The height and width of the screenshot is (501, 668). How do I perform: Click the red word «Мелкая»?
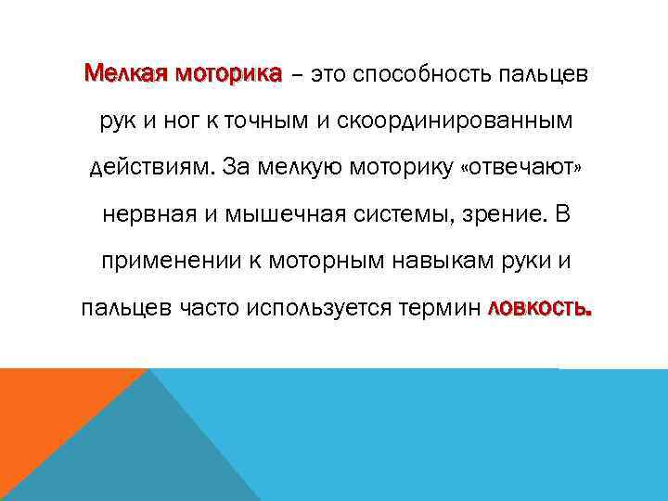click(120, 73)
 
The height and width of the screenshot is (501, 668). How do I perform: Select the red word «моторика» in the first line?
click(221, 73)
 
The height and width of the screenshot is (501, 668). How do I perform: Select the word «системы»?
click(401, 215)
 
